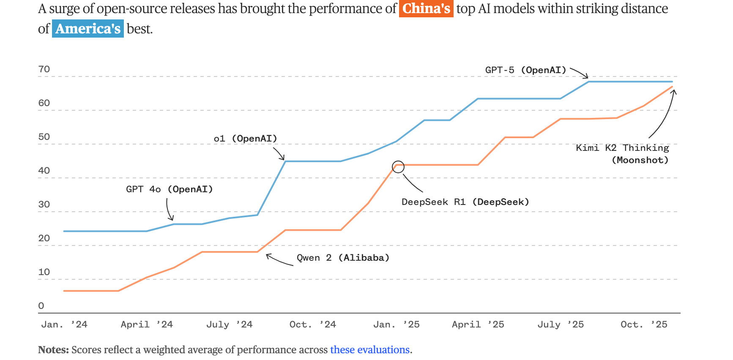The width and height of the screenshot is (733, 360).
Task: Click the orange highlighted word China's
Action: coord(426,9)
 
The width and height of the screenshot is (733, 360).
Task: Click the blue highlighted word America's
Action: coord(88,29)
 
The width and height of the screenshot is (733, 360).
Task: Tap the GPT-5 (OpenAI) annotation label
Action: coord(525,70)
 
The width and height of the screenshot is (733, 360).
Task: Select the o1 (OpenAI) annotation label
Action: coord(245,139)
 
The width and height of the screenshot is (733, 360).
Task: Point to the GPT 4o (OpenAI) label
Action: coord(169,189)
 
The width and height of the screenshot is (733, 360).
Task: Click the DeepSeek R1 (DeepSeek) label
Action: coord(465,202)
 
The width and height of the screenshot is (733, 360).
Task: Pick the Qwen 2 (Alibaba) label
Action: coord(343,258)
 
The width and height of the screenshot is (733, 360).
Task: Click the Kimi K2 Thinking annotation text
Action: coord(622,148)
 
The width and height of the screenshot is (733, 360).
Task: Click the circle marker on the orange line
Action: coord(398,167)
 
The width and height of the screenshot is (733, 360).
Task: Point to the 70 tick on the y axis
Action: coord(44,69)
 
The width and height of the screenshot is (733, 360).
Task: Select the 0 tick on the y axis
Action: coord(41,306)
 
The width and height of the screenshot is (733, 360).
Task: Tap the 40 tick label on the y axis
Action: coord(44,171)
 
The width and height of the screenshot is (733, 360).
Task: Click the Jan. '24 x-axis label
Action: coord(64,325)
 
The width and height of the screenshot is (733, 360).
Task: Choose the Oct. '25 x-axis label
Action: coord(644,325)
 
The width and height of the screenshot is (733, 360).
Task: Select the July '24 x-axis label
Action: coord(229,325)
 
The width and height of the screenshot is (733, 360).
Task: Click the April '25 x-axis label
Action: coord(478,325)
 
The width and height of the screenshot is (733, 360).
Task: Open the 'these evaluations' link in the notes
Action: coord(370,350)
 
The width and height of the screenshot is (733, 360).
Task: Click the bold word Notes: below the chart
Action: coord(53,350)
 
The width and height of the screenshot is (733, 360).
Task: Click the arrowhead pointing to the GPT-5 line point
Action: coord(586,77)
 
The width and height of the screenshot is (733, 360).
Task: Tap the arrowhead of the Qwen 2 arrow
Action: coord(268,255)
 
